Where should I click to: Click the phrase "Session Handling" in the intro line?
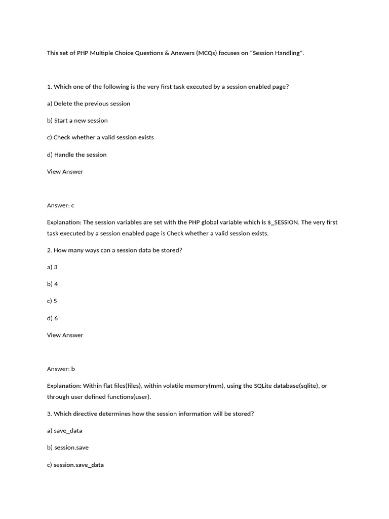tap(277, 53)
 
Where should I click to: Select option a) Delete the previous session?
tap(89, 103)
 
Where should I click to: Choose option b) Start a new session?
tap(77, 121)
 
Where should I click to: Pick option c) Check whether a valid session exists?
tap(100, 137)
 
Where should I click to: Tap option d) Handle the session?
tap(77, 155)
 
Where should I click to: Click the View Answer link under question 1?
tap(65, 171)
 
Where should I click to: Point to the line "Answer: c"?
tap(61, 205)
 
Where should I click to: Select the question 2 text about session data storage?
tap(114, 250)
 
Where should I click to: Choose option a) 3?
tap(52, 267)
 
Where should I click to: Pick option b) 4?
tap(52, 284)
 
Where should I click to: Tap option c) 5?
tap(52, 301)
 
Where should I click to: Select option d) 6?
tap(52, 318)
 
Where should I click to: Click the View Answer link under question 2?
tap(65, 335)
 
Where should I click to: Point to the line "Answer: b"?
tap(61, 369)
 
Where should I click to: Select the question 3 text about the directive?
tap(150, 414)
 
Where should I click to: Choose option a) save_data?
tap(64, 431)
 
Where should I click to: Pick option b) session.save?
tap(67, 448)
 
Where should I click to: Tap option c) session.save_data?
tap(75, 465)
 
